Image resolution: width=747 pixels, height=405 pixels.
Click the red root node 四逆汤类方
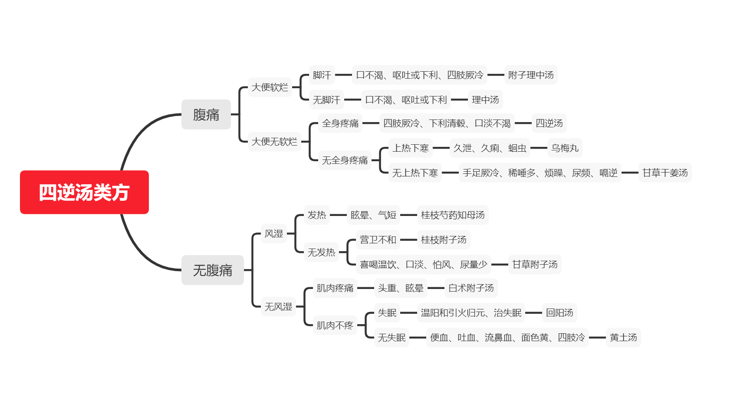84,192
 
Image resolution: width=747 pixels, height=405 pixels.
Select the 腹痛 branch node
206,114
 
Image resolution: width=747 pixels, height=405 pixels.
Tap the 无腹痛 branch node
213,270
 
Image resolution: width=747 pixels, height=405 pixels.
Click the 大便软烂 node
270,87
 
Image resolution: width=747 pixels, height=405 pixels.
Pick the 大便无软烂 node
275,141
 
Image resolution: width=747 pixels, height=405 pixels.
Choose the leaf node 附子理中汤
531,75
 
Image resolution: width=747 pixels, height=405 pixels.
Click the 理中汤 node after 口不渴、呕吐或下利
485,100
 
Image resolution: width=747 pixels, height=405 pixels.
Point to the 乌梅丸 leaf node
565,148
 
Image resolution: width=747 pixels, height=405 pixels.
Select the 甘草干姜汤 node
665,173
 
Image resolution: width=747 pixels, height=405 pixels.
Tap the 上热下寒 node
411,148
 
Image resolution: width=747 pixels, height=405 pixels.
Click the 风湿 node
274,233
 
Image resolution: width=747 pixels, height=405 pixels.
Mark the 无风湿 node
279,306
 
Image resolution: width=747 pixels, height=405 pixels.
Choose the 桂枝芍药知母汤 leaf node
453,215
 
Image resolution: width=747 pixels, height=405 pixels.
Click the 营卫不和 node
378,239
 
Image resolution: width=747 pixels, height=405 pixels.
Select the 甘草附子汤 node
535,264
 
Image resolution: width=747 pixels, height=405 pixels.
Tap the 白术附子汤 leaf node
471,288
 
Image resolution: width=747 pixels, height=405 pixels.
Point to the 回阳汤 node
559,312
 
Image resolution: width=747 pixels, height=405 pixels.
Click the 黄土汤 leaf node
623,337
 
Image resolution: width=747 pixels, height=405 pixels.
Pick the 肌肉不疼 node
335,325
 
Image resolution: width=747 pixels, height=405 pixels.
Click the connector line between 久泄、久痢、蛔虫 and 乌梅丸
539,148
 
